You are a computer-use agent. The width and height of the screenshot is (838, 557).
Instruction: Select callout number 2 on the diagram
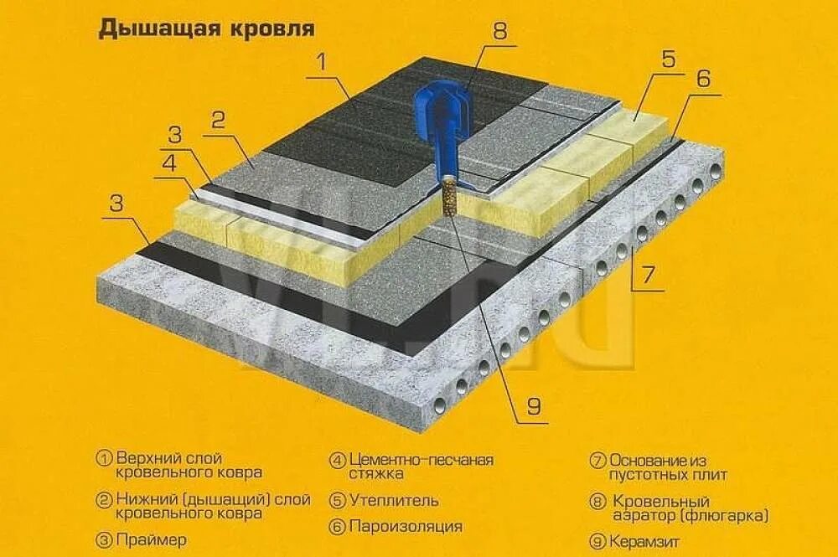pyautogui.click(x=218, y=120)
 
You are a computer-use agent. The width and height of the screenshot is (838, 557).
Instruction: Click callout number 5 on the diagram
pyautogui.click(x=668, y=60)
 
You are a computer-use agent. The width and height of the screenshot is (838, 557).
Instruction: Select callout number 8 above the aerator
pyautogui.click(x=499, y=32)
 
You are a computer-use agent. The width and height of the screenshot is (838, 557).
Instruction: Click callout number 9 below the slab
pyautogui.click(x=533, y=406)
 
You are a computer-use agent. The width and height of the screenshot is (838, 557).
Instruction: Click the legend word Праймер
pyautogui.click(x=152, y=540)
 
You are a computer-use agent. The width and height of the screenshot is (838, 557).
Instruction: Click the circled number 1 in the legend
pyautogui.click(x=105, y=460)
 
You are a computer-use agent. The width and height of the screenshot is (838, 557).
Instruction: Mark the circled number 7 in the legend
pyautogui.click(x=597, y=460)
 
